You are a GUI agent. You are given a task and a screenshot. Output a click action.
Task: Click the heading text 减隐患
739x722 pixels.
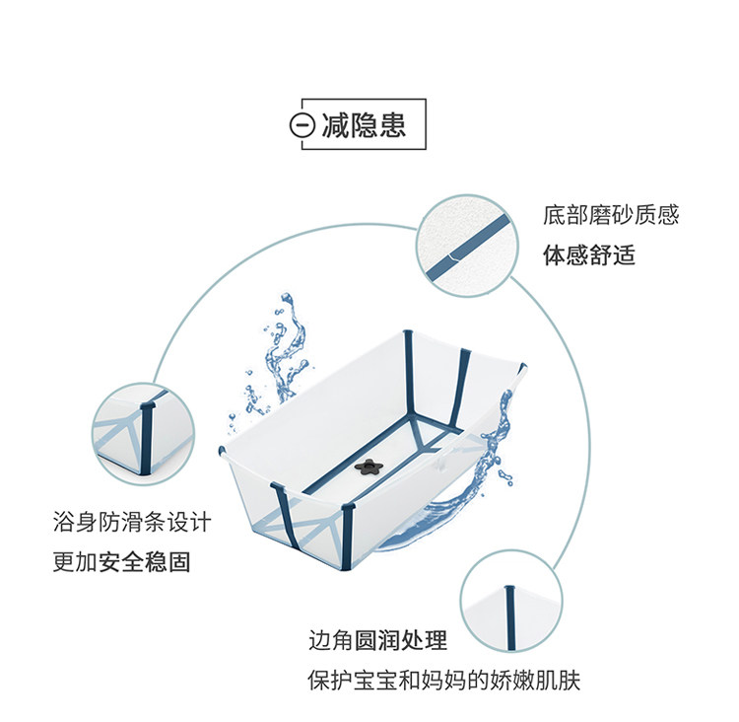(363, 126)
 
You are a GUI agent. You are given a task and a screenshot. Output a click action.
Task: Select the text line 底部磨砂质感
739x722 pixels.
(611, 215)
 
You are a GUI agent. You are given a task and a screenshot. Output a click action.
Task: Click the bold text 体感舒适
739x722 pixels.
(589, 255)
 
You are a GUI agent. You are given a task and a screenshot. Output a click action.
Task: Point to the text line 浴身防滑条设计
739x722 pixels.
(132, 522)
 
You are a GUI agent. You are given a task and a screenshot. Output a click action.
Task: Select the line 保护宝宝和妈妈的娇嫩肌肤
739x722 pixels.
(450, 682)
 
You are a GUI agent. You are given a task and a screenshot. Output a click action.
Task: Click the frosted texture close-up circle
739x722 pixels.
(468, 245)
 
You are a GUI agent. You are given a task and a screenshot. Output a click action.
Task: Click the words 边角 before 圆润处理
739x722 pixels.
(329, 641)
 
